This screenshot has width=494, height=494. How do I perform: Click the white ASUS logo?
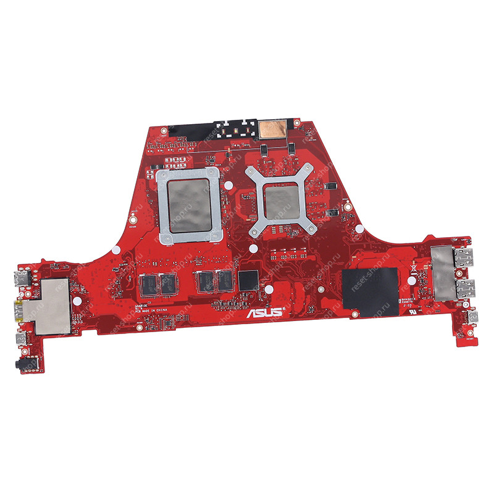(265, 312)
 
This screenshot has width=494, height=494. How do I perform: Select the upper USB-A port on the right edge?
(465, 260)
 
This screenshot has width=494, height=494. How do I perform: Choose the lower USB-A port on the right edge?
(466, 287)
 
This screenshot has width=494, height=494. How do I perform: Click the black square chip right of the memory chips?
(249, 279)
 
